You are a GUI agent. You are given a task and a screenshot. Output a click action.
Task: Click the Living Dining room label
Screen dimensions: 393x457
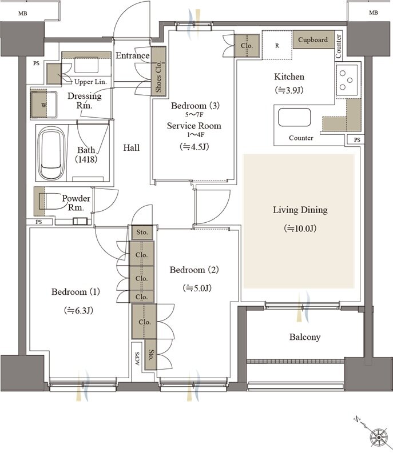pyautogui.click(x=300, y=210)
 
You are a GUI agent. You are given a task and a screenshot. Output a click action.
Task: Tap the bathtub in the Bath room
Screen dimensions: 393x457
pyautogui.click(x=52, y=154)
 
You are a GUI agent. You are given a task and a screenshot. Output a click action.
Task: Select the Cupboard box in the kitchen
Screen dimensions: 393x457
pyautogui.click(x=313, y=40)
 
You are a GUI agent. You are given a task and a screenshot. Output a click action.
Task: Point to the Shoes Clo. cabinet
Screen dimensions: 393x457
pyautogui.click(x=158, y=71)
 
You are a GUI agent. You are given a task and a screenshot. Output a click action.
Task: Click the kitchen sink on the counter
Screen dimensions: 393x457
pyautogui.click(x=294, y=117)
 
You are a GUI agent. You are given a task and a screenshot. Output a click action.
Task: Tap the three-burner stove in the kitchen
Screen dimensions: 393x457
pyautogui.click(x=347, y=80)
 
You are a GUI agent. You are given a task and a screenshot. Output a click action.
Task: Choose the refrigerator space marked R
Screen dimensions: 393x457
pyautogui.click(x=277, y=45)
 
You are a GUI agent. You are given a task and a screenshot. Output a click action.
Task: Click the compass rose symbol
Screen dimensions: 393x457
pyautogui.click(x=379, y=438)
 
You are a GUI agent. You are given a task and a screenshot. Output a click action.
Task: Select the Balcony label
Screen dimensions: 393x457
pyautogui.click(x=305, y=337)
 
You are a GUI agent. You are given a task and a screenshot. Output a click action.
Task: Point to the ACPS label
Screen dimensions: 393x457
pyautogui.click(x=137, y=359)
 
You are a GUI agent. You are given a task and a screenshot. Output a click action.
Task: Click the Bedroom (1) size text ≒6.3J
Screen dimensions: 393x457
pyautogui.click(x=78, y=310)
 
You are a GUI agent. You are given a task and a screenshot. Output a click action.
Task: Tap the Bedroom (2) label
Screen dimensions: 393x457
pyautogui.click(x=194, y=270)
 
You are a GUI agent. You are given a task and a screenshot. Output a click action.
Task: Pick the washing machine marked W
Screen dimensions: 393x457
pyautogui.click(x=44, y=105)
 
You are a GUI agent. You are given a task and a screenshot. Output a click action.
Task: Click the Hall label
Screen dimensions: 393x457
pyautogui.click(x=132, y=148)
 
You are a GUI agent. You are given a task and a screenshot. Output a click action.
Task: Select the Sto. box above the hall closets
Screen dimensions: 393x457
pyautogui.click(x=142, y=232)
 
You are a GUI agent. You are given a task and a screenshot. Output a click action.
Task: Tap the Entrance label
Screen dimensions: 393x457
pyautogui.click(x=133, y=55)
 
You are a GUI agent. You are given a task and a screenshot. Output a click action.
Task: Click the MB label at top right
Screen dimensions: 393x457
pyautogui.click(x=374, y=13)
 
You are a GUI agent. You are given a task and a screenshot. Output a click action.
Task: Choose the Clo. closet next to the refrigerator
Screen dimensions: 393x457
pyautogui.click(x=247, y=46)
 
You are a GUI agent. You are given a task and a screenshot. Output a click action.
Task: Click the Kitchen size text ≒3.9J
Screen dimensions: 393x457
pyautogui.click(x=289, y=90)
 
